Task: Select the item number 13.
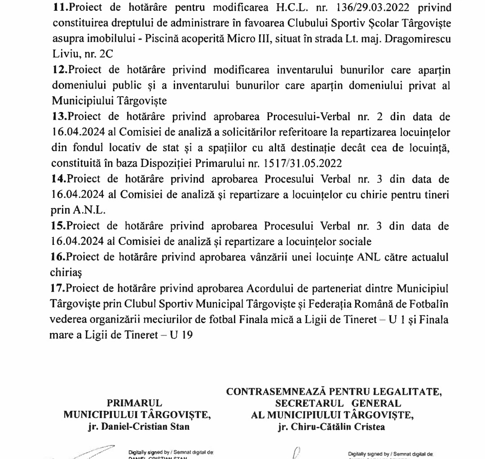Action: [x=59, y=117]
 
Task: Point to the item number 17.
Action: [x=59, y=288]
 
